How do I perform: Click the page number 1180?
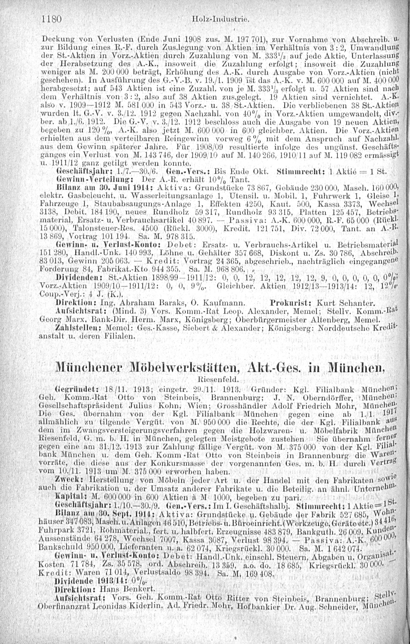click(x=52, y=19)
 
